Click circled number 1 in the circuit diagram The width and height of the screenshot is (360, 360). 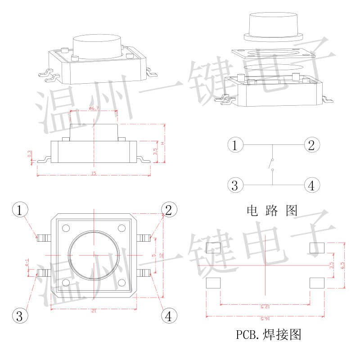(x=235, y=145)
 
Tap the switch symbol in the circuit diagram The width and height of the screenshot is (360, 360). (x=272, y=165)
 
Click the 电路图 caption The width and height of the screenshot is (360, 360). (x=272, y=210)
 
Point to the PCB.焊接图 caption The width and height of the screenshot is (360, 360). (x=268, y=335)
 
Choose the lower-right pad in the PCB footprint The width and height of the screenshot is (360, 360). (x=317, y=283)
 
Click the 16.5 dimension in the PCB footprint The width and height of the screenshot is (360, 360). (x=265, y=319)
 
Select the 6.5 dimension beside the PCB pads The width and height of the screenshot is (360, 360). (x=343, y=265)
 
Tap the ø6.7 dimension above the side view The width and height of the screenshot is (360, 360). (x=94, y=108)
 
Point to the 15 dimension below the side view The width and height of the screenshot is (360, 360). (x=94, y=173)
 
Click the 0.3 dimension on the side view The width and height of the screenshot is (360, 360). (x=30, y=154)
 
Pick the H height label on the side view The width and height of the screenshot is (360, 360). (x=163, y=143)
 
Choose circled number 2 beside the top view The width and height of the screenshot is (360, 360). (x=169, y=210)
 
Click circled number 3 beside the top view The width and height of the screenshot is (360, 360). (x=18, y=315)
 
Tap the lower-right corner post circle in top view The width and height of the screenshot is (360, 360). (x=122, y=283)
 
